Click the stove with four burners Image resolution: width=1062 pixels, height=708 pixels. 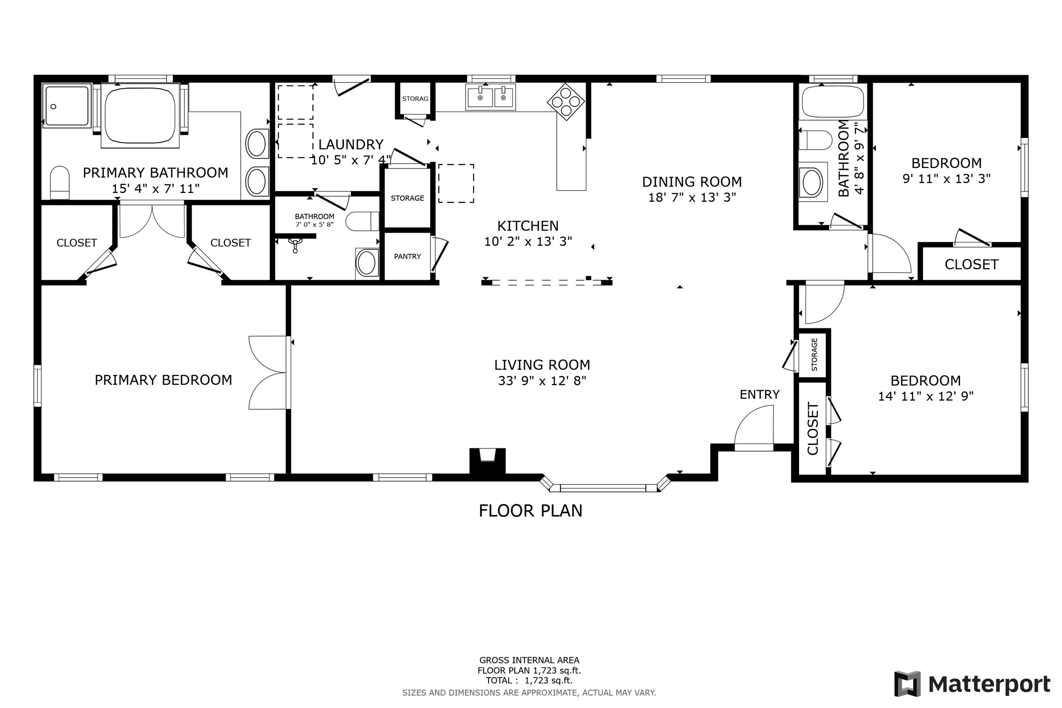pos(566,102)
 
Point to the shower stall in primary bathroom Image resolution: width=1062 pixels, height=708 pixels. pos(67,105)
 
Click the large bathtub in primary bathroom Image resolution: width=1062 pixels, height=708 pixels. pos(140,116)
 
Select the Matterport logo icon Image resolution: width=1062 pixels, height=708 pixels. pos(907,684)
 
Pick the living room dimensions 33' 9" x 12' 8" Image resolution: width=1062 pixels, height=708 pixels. pos(542,381)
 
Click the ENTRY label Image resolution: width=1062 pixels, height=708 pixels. pos(759,395)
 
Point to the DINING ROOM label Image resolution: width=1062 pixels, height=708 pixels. pos(692,182)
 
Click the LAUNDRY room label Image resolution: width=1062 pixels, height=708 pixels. pos(351,144)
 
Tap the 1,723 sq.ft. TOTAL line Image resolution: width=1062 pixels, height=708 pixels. pos(529,680)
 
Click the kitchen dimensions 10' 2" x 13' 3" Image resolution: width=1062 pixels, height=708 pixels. pos(528,241)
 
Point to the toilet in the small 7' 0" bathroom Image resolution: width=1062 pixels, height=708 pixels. pos(362,221)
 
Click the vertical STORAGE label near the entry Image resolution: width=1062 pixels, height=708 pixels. pos(814,354)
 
